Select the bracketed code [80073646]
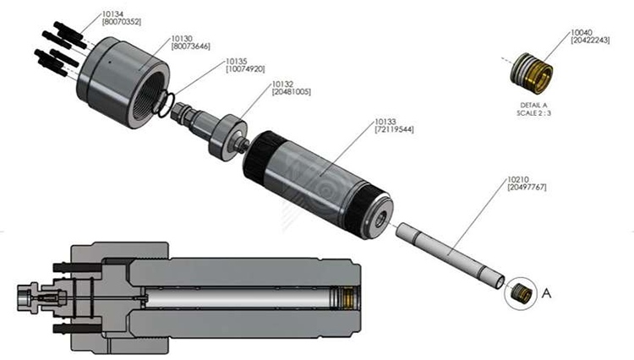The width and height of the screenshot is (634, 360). pyautogui.click(x=190, y=46)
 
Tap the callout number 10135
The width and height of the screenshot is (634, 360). pyautogui.click(x=236, y=62)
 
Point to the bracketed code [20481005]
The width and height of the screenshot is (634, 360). pyautogui.click(x=291, y=91)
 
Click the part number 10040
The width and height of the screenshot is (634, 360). pyautogui.click(x=582, y=32)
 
